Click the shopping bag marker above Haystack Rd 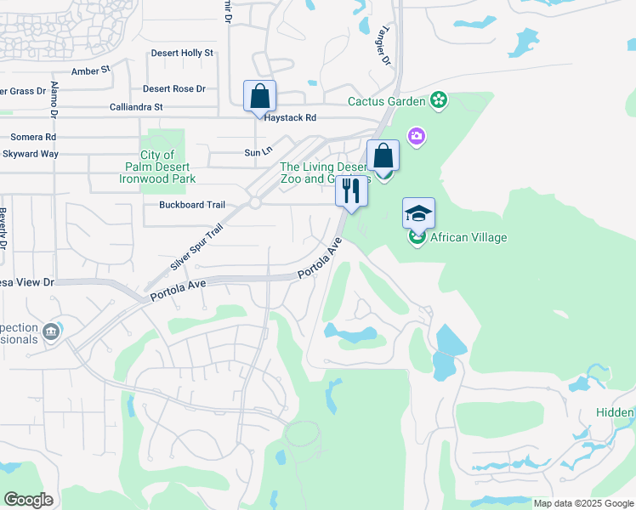coord(259,96)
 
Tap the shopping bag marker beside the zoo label coord(383,156)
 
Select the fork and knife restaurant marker coord(351,190)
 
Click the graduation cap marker coord(417,213)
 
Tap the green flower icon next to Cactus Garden coord(439,101)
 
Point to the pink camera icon coord(416,136)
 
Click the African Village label coord(468,237)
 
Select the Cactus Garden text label coord(386,102)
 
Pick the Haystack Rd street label coord(290,118)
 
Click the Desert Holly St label coord(182,53)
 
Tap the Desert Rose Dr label coord(174,88)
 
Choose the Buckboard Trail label coord(192,205)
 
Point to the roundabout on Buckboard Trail coord(254,203)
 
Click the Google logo coord(28,500)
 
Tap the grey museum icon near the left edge coord(51,330)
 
